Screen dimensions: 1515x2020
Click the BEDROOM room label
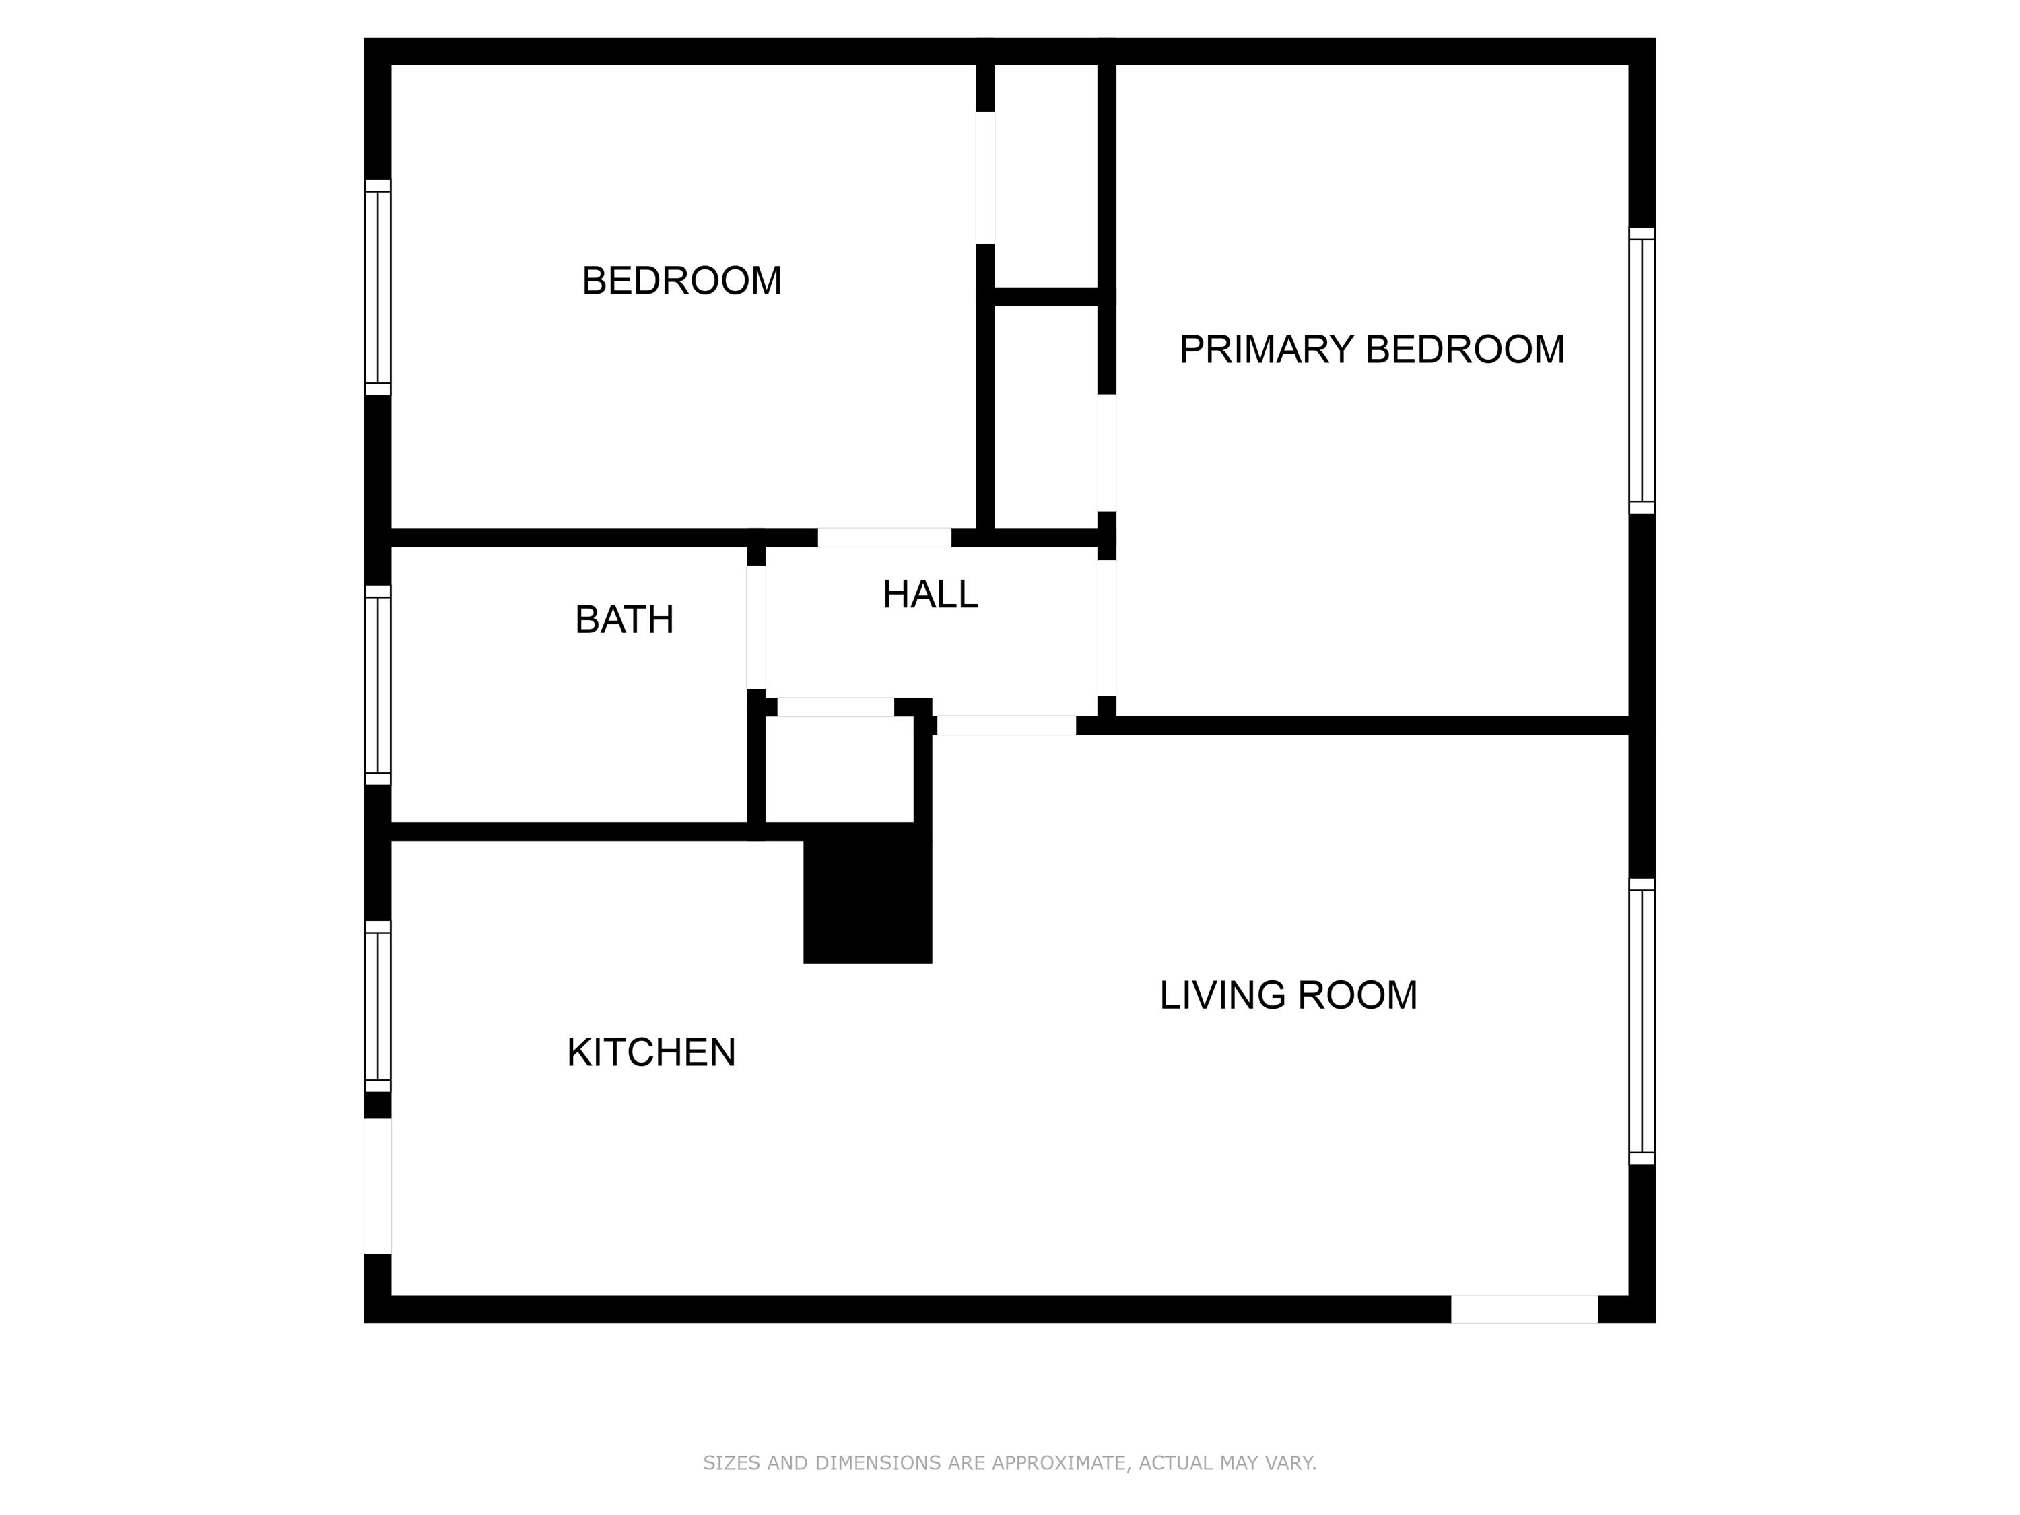pos(681,280)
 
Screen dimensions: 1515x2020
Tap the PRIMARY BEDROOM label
pos(1371,349)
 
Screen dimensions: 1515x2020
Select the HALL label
pos(930,595)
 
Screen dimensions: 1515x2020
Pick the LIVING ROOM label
pos(1287,995)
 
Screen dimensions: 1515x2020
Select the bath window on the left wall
pos(377,685)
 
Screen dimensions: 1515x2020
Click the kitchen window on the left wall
pos(377,1007)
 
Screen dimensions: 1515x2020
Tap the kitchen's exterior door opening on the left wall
pos(377,1186)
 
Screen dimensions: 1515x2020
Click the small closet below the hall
pos(838,769)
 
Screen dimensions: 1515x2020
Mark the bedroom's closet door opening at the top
pos(984,178)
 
